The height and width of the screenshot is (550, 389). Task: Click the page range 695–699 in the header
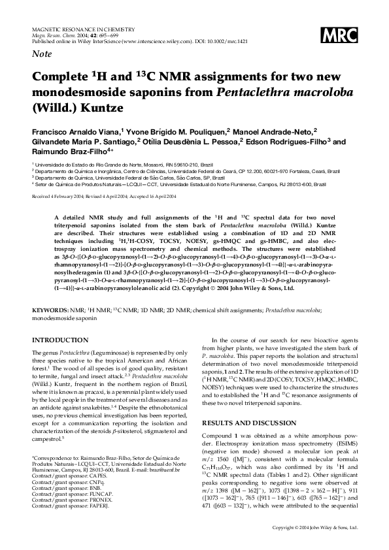click(x=97, y=35)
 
